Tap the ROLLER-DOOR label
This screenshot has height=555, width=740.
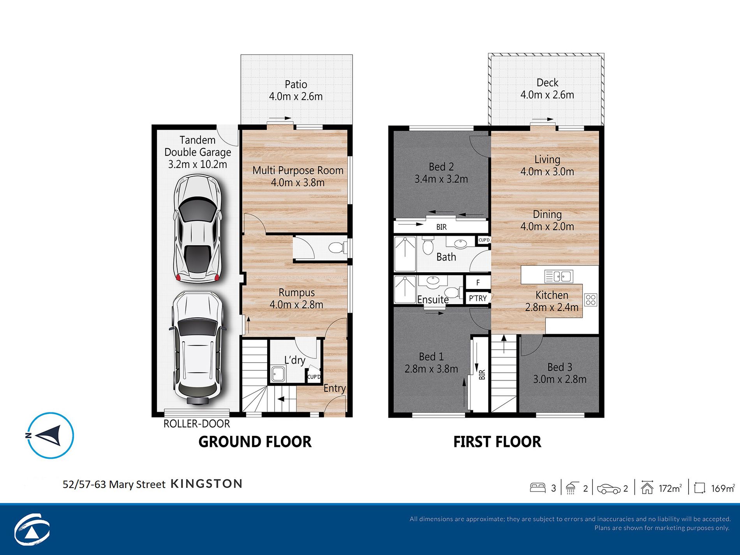tap(197, 424)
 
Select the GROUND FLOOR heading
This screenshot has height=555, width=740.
tap(255, 442)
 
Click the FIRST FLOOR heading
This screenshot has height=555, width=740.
tap(497, 442)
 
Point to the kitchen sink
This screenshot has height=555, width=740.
tap(559, 277)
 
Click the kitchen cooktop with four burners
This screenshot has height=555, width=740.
tap(590, 300)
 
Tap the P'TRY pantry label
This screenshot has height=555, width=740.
tap(478, 298)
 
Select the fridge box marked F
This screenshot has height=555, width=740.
tap(478, 282)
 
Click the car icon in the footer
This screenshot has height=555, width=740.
tap(609, 489)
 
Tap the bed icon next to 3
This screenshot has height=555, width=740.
tap(537, 488)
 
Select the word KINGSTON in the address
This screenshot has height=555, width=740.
tap(207, 484)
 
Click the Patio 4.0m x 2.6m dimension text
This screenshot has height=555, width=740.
tap(296, 96)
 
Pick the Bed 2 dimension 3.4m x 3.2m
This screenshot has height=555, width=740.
tap(441, 179)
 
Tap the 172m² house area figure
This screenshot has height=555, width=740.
tap(670, 488)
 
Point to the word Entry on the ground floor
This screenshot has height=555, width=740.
tap(335, 388)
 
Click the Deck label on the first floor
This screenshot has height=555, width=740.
tap(547, 83)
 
